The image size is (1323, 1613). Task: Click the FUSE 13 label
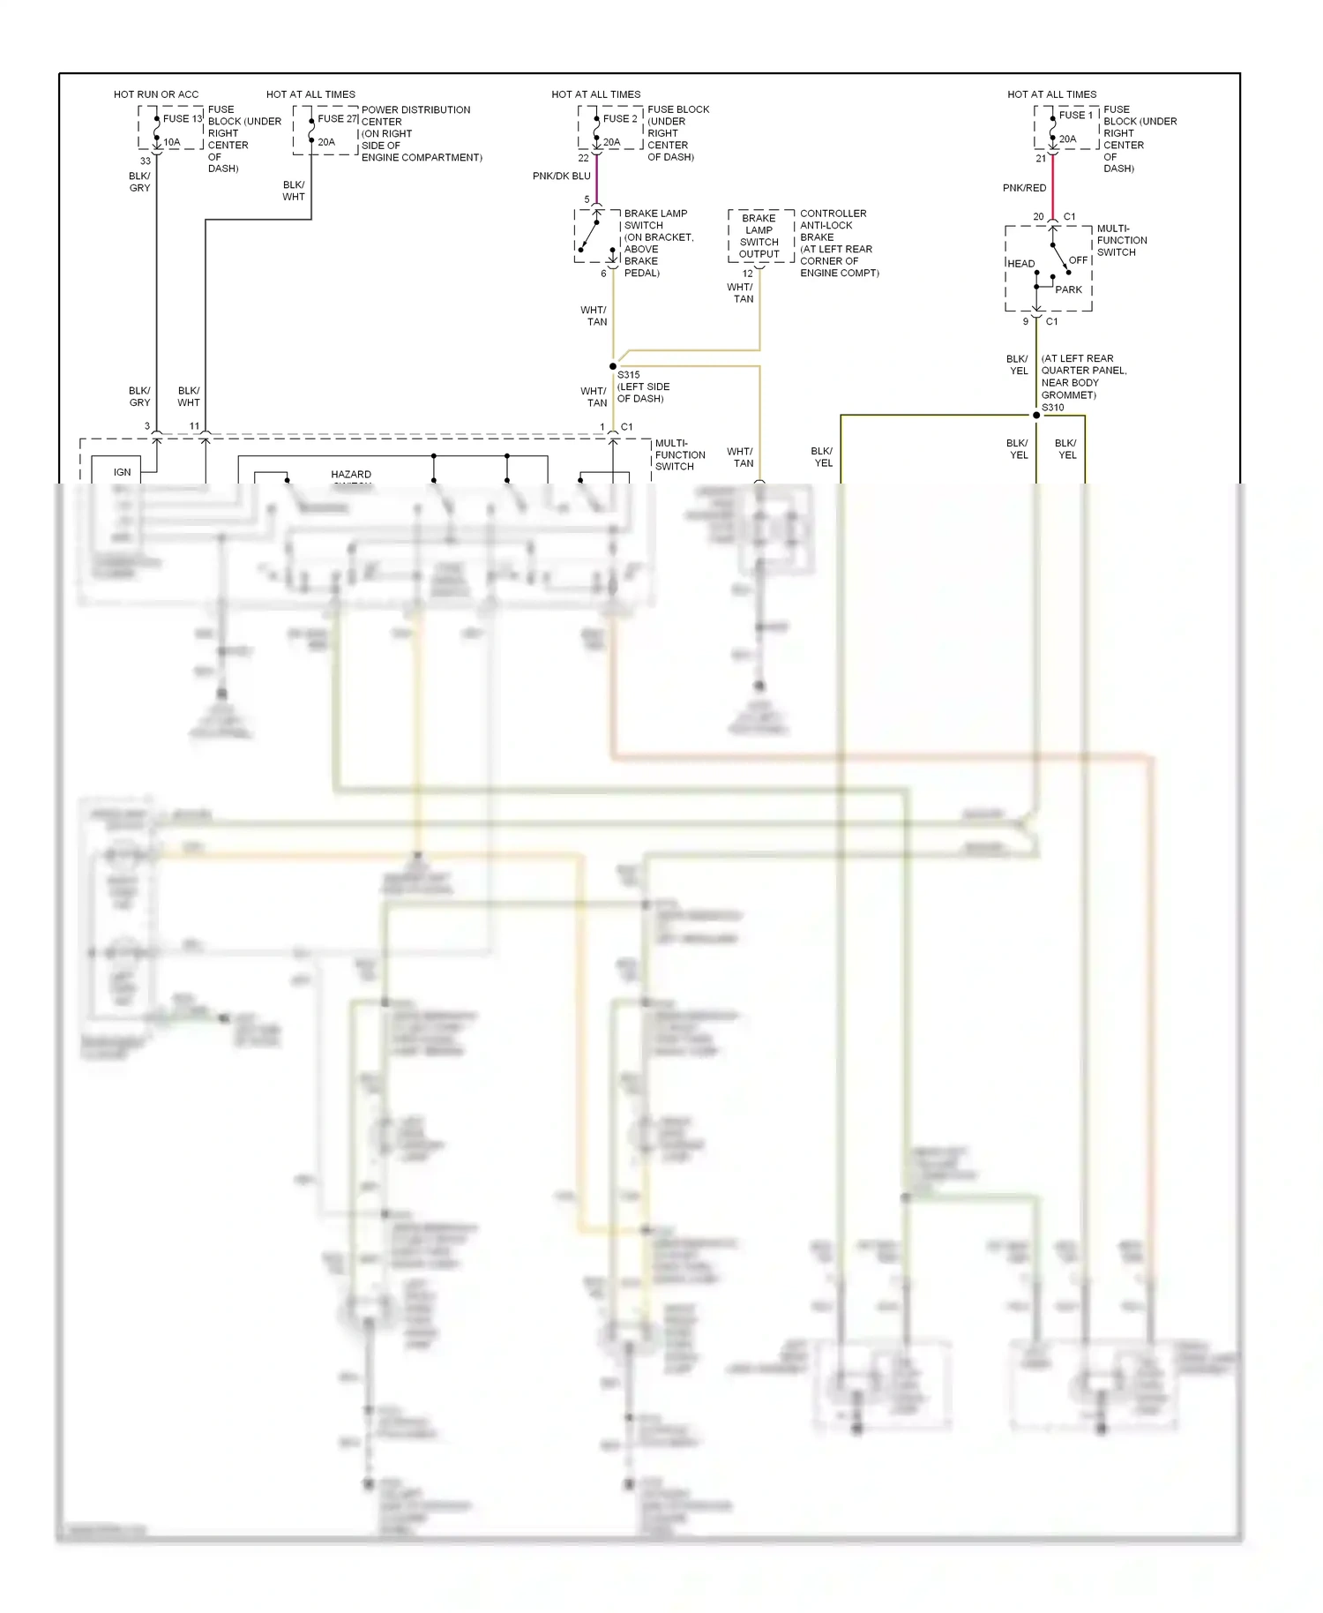[x=182, y=118]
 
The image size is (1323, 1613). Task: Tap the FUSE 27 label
[x=337, y=118]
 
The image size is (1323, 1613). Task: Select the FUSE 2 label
[x=619, y=118]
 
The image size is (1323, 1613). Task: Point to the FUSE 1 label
[x=1075, y=115]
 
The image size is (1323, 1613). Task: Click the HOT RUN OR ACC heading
[x=156, y=94]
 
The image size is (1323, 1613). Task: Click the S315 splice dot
[x=613, y=366]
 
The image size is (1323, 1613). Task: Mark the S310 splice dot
[x=1036, y=415]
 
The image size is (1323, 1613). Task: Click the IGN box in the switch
[x=122, y=472]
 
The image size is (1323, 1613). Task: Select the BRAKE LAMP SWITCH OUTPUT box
[x=759, y=236]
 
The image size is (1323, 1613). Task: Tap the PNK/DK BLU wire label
[x=561, y=176]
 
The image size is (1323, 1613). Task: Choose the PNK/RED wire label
[x=1024, y=188]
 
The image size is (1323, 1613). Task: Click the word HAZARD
[x=351, y=475]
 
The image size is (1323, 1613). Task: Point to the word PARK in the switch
[x=1068, y=289]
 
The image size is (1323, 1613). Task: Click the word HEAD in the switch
[x=1021, y=264]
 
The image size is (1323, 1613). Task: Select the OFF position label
[x=1078, y=260]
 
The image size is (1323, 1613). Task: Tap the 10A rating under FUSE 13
[x=172, y=142]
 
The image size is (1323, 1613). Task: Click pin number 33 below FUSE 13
[x=146, y=161]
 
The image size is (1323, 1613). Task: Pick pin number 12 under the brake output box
[x=747, y=274]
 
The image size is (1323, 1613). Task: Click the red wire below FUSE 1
[x=1053, y=187]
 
